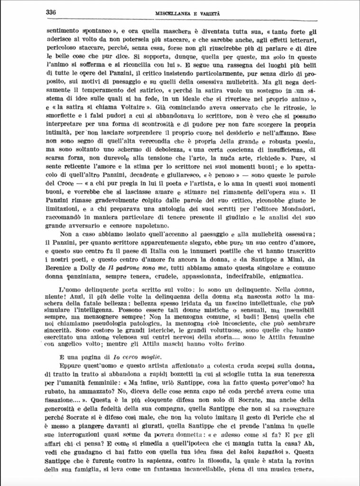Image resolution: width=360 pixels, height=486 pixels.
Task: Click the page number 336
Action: pos(51,12)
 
